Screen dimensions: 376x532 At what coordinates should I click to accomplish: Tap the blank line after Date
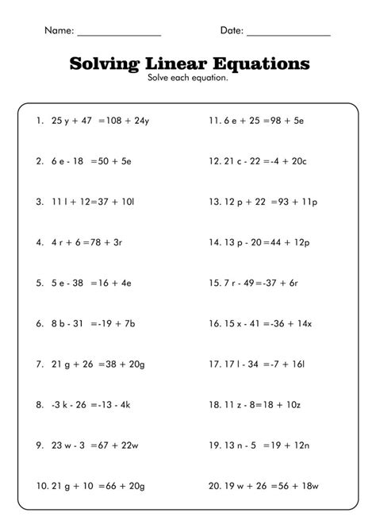pos(288,34)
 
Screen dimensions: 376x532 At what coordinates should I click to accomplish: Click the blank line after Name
pos(119,34)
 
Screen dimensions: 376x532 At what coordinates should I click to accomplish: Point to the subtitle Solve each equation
pos(188,78)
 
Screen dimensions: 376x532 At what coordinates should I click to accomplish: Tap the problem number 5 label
pos(39,281)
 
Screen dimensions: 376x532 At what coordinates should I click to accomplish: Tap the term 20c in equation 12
pos(298,161)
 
